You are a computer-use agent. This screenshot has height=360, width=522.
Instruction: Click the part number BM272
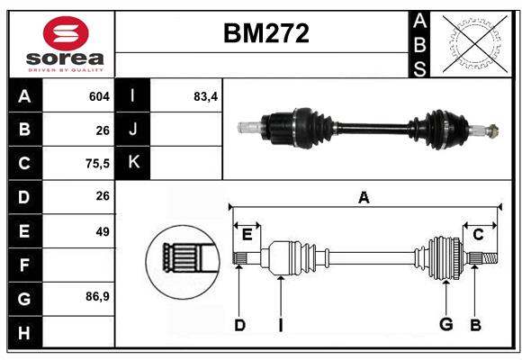[265, 33]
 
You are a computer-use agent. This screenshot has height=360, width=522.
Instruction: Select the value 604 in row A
[98, 96]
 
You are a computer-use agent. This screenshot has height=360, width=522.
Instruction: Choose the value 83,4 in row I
[205, 96]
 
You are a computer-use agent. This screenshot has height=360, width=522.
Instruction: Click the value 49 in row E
[102, 231]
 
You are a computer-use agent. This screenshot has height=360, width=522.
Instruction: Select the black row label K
[133, 163]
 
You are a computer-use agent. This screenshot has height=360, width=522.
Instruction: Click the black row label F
[24, 265]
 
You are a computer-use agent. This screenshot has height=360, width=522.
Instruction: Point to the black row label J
[133, 130]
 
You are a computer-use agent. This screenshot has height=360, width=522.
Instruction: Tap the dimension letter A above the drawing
[364, 198]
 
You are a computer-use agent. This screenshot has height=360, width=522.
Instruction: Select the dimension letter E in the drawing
[247, 235]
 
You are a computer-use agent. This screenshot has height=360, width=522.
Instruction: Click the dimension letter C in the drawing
[478, 235]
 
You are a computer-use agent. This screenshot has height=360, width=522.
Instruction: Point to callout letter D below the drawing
[239, 326]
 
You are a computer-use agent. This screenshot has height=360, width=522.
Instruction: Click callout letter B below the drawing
[476, 326]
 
